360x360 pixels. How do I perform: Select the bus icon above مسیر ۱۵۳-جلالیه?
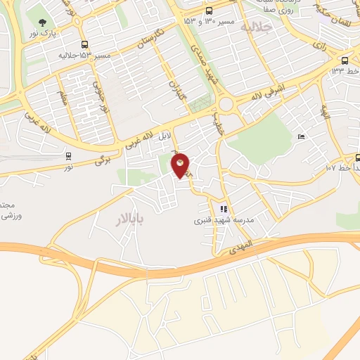point(84,44)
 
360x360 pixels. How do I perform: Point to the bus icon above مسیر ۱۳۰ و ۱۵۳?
point(210,11)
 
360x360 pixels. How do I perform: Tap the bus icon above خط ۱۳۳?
point(345,60)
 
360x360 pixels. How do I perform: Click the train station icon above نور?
point(68,156)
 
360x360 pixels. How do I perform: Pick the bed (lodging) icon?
point(302,136)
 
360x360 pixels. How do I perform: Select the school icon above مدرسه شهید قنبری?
point(224,208)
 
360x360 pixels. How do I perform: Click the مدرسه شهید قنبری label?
point(224,219)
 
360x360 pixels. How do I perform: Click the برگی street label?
point(103,161)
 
